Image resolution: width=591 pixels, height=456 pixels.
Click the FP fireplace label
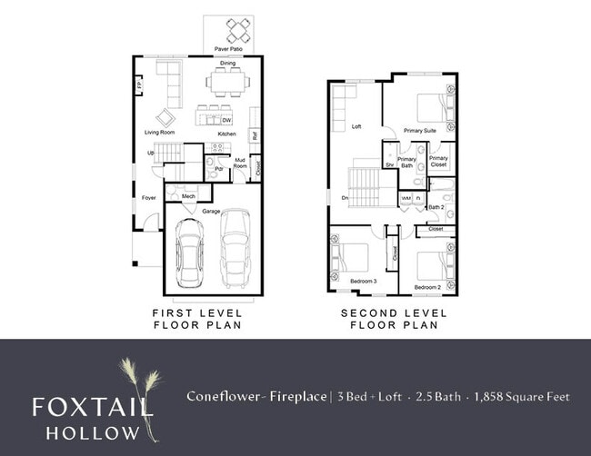[139, 87]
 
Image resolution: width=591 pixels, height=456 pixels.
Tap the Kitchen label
[226, 134]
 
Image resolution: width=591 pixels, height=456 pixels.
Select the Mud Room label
[241, 163]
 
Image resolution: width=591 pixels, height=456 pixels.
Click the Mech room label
[188, 196]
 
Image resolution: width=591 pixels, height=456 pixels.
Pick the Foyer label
[148, 196]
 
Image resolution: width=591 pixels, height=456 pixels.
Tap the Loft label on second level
[356, 127]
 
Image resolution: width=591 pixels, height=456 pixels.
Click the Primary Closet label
[438, 162]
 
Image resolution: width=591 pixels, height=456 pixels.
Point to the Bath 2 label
[436, 207]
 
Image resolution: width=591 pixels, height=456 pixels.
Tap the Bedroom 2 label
[427, 287]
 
